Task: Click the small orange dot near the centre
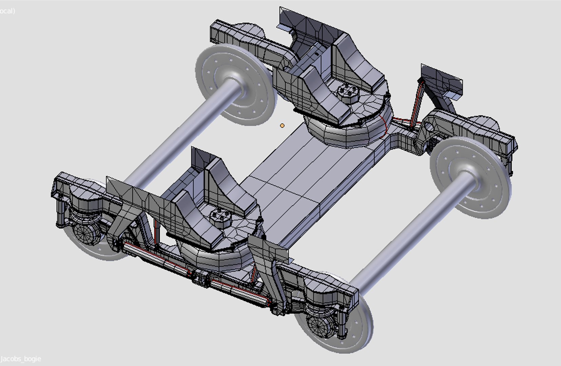pos(282,126)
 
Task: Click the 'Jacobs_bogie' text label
pos(21,359)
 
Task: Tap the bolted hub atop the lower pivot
pos(219,216)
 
